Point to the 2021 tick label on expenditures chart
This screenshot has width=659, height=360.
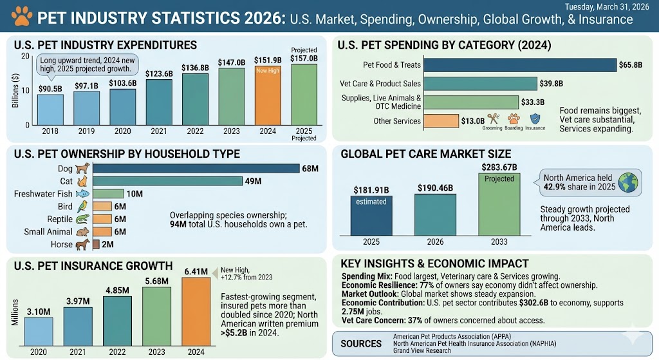[x=158, y=131]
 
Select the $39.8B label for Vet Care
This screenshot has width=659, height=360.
[x=552, y=84]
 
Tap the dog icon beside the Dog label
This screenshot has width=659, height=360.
[x=82, y=168]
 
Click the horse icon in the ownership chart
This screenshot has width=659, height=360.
[x=82, y=244]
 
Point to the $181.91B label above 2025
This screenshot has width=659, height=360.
[x=371, y=189]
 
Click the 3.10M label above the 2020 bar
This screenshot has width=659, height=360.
[x=39, y=312]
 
